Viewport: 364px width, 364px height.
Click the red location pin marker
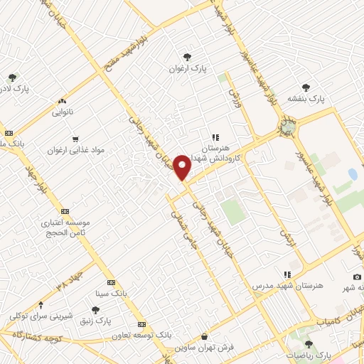tap(182, 166)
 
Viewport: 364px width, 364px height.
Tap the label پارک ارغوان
tap(186, 69)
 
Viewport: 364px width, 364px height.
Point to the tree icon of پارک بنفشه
tap(306, 87)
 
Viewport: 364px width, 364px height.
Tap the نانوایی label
tap(62, 112)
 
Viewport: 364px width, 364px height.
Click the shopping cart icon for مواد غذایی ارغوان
tap(75, 139)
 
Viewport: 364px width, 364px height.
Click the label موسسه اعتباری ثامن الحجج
tap(65, 227)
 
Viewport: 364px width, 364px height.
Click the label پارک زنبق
tap(95, 321)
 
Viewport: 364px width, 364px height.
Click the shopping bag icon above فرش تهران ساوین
tap(205, 336)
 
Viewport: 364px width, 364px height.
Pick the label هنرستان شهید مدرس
tap(287, 286)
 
